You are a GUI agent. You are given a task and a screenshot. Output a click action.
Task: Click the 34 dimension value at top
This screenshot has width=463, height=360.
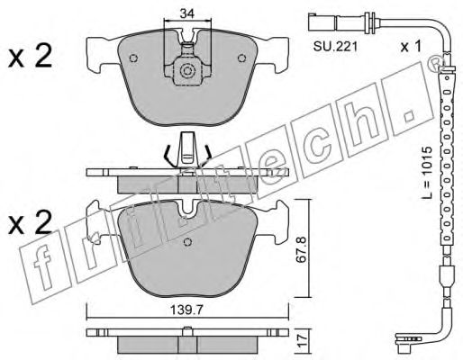187,13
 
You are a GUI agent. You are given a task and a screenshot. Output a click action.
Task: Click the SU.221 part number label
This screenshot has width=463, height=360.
335,47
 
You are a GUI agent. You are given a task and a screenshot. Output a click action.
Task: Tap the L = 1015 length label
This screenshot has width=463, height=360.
426,173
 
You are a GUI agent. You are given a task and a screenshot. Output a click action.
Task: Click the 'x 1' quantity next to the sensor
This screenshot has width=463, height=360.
411,47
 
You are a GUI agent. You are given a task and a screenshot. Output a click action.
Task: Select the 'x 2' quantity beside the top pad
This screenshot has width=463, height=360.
30,56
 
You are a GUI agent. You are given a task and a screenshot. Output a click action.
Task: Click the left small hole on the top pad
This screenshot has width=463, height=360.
133,58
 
